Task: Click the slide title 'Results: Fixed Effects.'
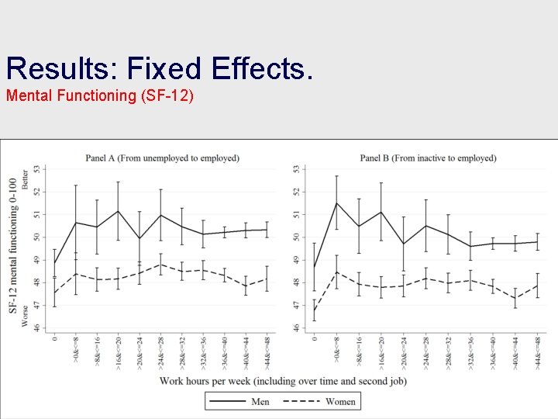tap(160, 68)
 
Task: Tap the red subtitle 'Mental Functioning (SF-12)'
tap(100, 97)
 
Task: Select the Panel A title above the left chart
tap(162, 158)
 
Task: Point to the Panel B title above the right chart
tap(428, 158)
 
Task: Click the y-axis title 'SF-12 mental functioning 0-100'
tap(13, 245)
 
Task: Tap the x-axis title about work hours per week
tap(282, 380)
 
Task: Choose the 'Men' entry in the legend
tap(260, 401)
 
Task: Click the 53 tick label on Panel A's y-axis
tap(44, 168)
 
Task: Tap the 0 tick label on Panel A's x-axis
tap(54, 338)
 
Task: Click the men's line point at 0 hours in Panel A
tap(54, 263)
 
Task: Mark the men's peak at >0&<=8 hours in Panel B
tap(336, 203)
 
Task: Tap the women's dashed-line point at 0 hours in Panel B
tap(314, 310)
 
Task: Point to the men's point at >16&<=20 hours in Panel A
tap(118, 211)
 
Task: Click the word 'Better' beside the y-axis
tap(25, 180)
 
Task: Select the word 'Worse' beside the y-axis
tap(25, 314)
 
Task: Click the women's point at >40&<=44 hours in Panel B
tap(516, 298)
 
